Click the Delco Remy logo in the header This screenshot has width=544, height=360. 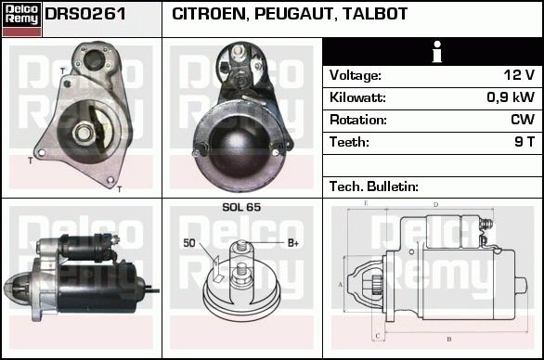[21, 19]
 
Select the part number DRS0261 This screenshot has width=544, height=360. [85, 14]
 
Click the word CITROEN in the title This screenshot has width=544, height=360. [209, 14]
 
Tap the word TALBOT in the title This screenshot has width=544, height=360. [375, 14]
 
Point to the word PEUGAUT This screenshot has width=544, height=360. [293, 14]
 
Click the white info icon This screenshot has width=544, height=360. [437, 51]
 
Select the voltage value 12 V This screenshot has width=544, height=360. [519, 74]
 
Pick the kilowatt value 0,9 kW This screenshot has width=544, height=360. [511, 97]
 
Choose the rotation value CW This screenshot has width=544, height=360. [523, 120]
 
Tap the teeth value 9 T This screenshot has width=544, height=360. [525, 142]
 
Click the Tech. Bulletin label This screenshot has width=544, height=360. [374, 186]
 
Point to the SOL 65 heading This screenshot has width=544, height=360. [241, 207]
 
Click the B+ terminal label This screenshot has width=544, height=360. [293, 243]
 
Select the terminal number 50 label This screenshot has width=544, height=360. [189, 243]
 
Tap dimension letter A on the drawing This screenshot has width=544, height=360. [341, 285]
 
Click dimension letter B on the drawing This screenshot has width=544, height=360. [449, 340]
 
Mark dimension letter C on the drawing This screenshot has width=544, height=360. [378, 336]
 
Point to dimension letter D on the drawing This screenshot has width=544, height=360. [436, 205]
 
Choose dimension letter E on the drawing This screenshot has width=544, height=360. [366, 203]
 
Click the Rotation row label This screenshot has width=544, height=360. [358, 120]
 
